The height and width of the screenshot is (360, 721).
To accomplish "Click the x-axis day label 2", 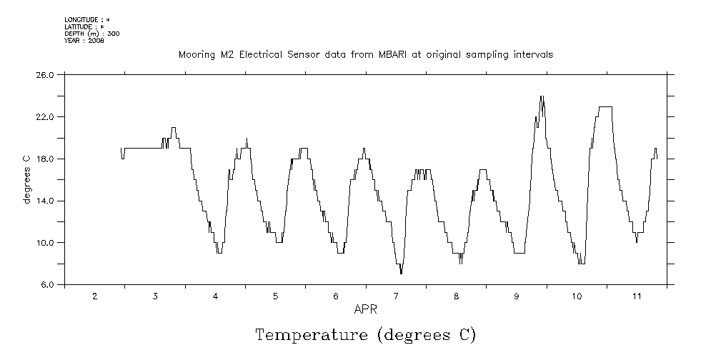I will point(94,296).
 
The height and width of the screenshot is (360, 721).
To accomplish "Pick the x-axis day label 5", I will point(275,296).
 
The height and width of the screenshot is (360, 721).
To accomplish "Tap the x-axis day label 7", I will point(396,296).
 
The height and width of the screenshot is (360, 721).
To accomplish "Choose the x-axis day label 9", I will point(517,296).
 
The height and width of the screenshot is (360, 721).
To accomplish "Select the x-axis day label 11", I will point(637,296).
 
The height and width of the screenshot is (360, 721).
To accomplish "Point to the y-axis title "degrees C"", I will point(26,179).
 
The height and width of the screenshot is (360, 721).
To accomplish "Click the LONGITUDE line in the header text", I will point(86,19).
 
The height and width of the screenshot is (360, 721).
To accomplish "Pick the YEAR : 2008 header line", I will point(84,41).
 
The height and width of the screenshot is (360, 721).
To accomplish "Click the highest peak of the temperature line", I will point(542,96).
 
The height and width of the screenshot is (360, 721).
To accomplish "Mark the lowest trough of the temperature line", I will point(402,273).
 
